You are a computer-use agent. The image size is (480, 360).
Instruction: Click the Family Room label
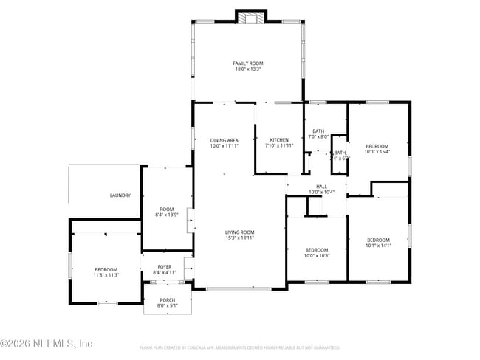pyautogui.click(x=248, y=63)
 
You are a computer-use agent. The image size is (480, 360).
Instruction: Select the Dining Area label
pyautogui.click(x=224, y=140)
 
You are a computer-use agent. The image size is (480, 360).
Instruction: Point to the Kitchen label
pyautogui.click(x=279, y=140)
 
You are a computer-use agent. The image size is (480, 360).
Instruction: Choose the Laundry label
pyautogui.click(x=120, y=195)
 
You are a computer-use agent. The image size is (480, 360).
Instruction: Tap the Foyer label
pyautogui.click(x=165, y=267)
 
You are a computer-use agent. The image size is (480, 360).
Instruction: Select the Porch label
pyautogui.click(x=168, y=300)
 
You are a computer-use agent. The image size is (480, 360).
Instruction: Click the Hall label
pyautogui.click(x=322, y=187)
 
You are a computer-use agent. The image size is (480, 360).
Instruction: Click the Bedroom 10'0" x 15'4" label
pyautogui.click(x=378, y=146)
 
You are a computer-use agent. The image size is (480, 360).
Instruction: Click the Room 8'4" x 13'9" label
pyautogui.click(x=165, y=212)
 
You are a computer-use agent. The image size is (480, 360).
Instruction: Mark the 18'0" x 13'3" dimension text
pyautogui.click(x=248, y=69)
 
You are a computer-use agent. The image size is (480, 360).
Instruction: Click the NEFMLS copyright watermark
pyautogui.click(x=46, y=344)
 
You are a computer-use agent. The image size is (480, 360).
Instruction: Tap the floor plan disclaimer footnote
pyautogui.click(x=239, y=347)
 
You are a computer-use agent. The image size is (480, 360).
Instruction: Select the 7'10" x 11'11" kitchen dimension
pyautogui.click(x=279, y=146)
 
